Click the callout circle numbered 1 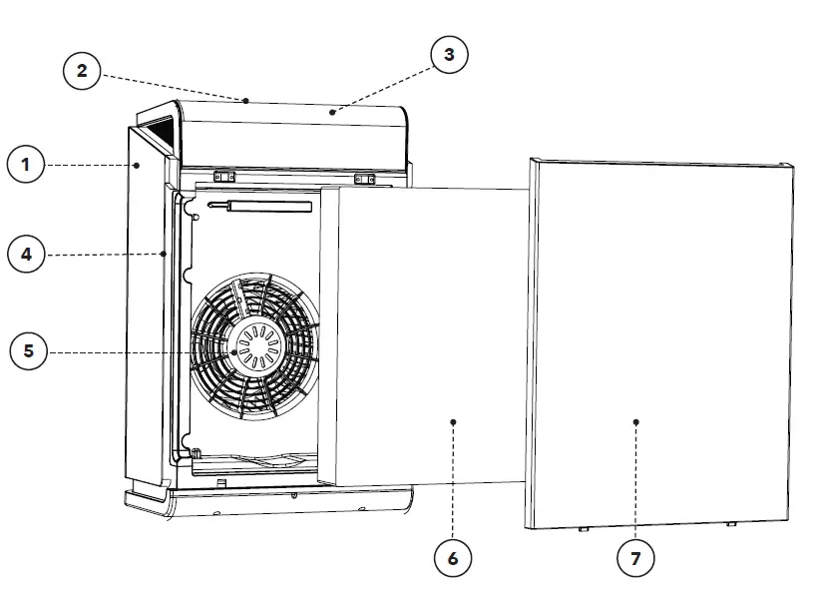tap(27, 165)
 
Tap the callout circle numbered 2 tap(82, 70)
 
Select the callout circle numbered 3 tap(449, 55)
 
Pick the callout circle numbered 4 tap(27, 255)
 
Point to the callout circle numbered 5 tap(29, 351)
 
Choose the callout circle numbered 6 tap(453, 558)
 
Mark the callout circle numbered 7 tap(635, 558)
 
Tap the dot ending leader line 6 tap(453, 422)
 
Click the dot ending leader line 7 tap(635, 422)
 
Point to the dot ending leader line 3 tap(335, 113)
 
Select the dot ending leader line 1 tap(138, 165)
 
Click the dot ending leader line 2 tap(244, 100)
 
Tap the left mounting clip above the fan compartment tap(224, 177)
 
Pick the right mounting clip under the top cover tap(364, 180)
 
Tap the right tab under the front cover tap(731, 523)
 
